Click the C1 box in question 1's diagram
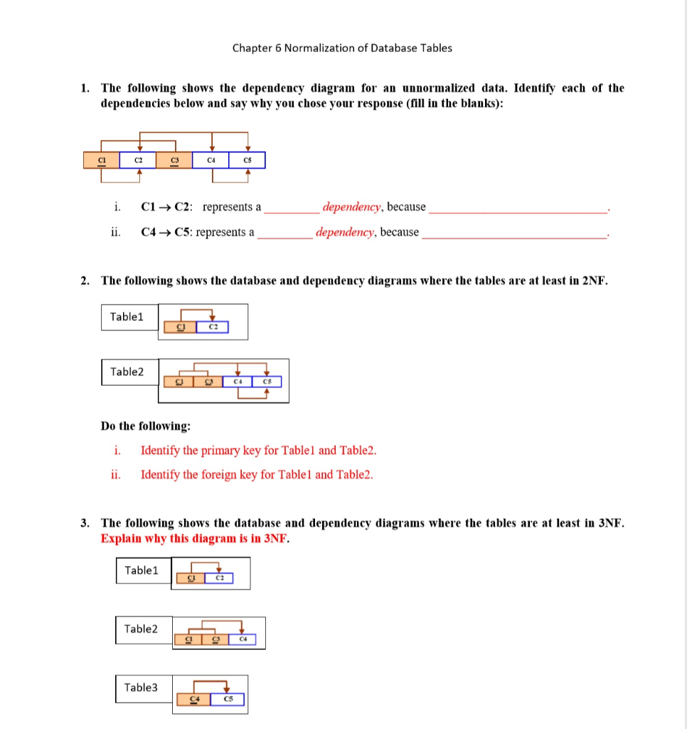[102, 160]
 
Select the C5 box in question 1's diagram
[247, 160]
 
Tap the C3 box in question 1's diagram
[174, 160]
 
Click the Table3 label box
[143, 688]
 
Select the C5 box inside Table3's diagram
[228, 699]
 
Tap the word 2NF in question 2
[594, 280]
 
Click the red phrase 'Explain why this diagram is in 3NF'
[196, 538]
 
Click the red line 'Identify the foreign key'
[257, 474]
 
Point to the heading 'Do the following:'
[146, 426]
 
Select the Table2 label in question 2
[127, 372]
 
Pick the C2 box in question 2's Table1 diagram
[213, 327]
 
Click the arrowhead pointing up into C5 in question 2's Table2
[267, 390]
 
